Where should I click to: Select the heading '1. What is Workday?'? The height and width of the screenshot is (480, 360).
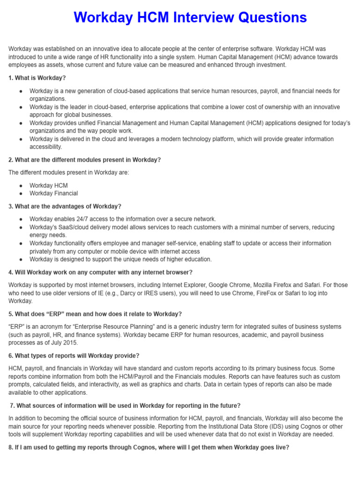pyautogui.click(x=37, y=78)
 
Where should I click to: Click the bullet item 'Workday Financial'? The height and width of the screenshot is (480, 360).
pyautogui.click(x=53, y=193)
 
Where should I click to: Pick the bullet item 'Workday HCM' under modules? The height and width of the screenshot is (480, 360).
pyautogui.click(x=48, y=186)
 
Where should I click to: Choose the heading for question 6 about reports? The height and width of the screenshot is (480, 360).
pyautogui.click(x=74, y=356)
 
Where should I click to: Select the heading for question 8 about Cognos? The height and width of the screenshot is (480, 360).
pyautogui.click(x=149, y=447)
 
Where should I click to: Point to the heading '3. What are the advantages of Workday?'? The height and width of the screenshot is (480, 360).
pyautogui.click(x=65, y=206)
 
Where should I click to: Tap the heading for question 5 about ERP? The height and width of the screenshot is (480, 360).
pyautogui.click(x=95, y=314)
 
